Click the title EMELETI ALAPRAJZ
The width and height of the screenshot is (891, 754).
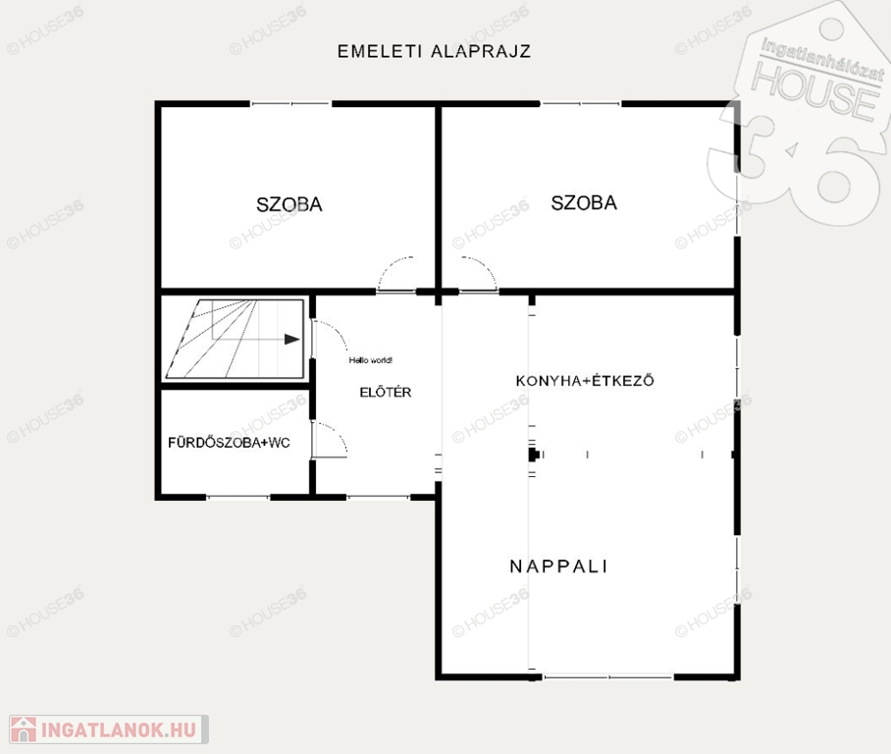coord(434,51)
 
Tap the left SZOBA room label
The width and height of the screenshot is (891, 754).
coord(289,205)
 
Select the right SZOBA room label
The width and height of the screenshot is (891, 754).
coord(584,203)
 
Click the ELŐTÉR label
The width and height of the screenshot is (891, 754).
coord(386,392)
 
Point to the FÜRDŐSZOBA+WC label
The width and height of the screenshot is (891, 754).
coord(229,443)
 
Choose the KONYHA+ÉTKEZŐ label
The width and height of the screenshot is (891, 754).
coord(585,380)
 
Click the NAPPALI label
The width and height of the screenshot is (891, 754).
coord(558,566)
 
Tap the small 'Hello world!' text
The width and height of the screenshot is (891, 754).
coord(371,360)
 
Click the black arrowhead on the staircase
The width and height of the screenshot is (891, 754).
coord(292,340)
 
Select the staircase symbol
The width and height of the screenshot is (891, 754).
coord(235,340)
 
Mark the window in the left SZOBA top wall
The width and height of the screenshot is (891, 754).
coord(290,103)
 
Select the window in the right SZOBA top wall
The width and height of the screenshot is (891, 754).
coord(581,103)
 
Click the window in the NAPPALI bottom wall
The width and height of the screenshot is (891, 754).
coord(608,676)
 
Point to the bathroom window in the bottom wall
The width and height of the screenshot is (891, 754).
coord(238,497)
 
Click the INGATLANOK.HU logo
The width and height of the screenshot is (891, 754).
coord(109,729)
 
